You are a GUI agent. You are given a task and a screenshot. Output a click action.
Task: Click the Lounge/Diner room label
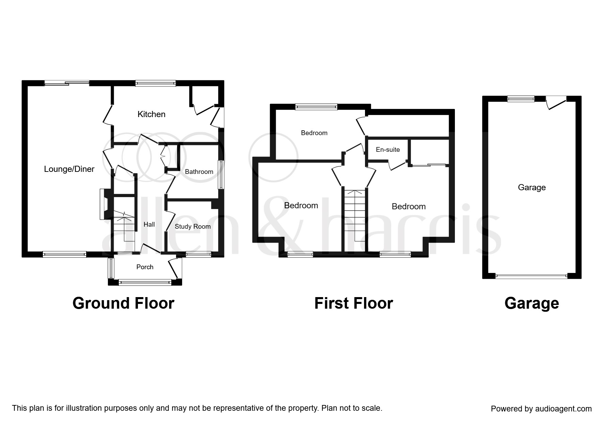[69, 169]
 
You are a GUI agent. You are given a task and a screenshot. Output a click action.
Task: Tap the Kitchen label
[151, 114]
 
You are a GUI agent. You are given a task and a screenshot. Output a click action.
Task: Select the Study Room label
[193, 227]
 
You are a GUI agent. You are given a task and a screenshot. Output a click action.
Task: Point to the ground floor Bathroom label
[199, 172]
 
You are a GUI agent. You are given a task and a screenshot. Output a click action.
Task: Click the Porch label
[145, 267]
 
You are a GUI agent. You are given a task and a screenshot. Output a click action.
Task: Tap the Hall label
[149, 225]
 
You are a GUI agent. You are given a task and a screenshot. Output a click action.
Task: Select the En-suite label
[388, 150]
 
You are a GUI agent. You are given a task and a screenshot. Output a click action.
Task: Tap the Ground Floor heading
[123, 303]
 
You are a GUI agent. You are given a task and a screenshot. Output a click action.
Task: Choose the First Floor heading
[353, 303]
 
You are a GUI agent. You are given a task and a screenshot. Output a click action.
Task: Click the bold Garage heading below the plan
[531, 303]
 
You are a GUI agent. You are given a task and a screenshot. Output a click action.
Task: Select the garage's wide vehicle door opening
[531, 276]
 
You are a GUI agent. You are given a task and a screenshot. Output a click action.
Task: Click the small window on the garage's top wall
[521, 99]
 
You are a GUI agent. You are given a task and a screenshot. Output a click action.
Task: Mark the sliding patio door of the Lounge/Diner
[67, 83]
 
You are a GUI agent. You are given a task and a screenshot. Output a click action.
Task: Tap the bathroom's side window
[222, 175]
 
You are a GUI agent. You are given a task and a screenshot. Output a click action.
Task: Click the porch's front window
[145, 282]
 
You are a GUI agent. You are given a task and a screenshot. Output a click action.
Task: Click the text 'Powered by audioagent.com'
[541, 409]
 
